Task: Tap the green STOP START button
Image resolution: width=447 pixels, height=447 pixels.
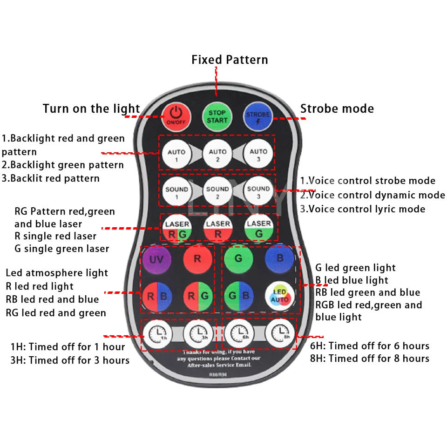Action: pos(217,115)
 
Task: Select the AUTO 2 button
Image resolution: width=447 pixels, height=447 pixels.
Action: pos(217,155)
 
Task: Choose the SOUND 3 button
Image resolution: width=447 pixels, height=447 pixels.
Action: pos(258,192)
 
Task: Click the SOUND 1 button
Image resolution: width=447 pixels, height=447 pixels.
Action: pos(177,192)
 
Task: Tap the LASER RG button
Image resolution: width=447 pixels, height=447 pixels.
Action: pos(177,229)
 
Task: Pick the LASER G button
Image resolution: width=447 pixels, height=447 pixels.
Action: pos(258,229)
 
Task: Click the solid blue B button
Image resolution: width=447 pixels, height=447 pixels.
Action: pos(279,258)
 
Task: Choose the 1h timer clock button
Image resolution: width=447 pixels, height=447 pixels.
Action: pos(156,333)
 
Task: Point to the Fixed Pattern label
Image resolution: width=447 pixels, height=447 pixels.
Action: pos(230,60)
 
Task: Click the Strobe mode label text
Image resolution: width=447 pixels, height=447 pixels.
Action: pos(337,109)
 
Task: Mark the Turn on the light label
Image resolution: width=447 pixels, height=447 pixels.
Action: pos(91,109)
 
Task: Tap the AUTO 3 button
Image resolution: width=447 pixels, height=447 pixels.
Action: pos(258,155)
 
